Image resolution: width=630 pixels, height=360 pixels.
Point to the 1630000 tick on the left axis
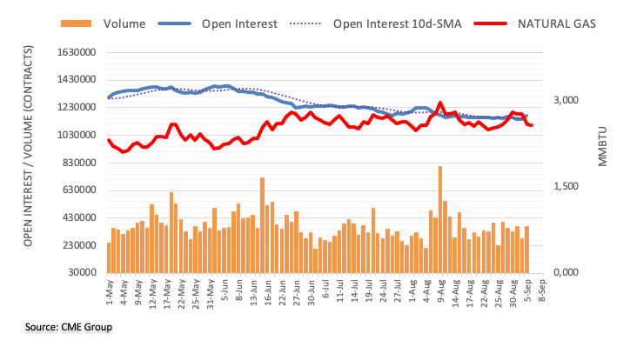[x=74, y=52]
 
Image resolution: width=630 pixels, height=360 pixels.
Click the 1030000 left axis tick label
[x=74, y=135]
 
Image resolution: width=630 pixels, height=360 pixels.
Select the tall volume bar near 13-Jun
[x=262, y=225]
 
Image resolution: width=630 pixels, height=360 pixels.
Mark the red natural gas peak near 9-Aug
[x=440, y=103]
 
